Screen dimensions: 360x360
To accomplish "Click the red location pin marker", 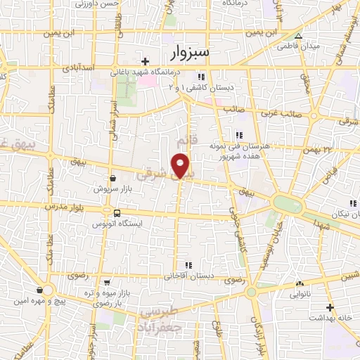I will click(181, 165).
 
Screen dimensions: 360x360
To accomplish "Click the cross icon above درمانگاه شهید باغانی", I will click(146, 61).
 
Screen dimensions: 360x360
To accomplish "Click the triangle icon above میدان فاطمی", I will click(299, 36).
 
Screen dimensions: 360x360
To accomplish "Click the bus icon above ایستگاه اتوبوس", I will click(117, 213).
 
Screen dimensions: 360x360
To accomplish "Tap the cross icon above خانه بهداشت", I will click(330, 307).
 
